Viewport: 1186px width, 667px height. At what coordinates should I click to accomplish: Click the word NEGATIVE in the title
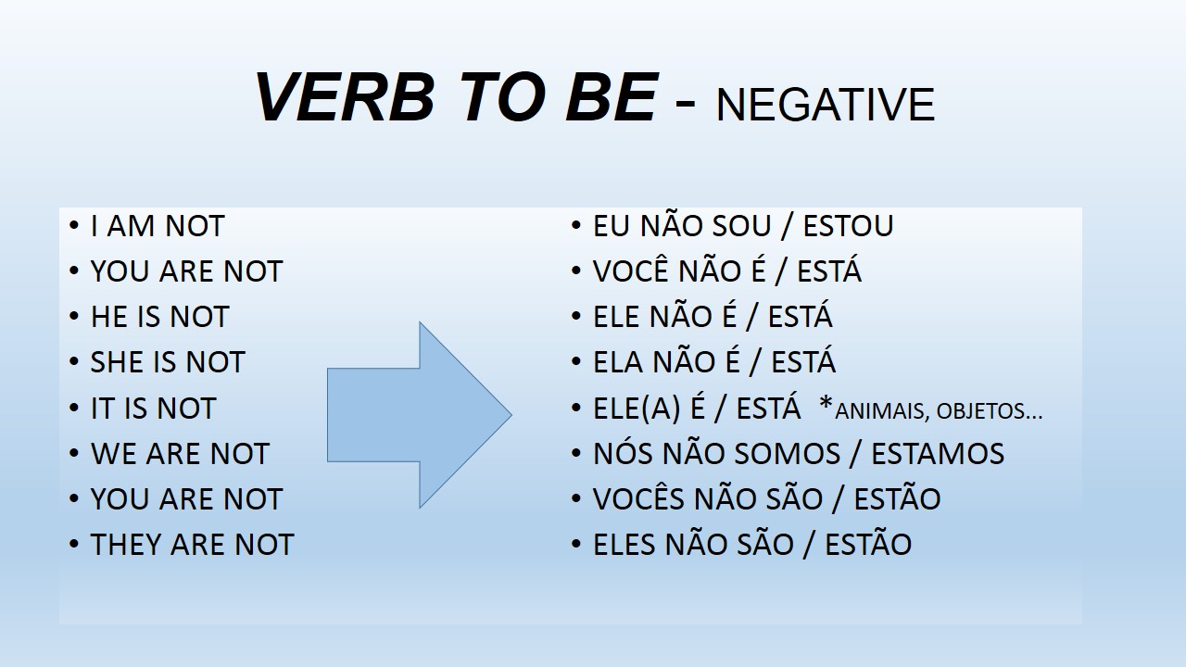825,105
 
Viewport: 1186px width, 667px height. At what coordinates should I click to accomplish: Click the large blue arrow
420,415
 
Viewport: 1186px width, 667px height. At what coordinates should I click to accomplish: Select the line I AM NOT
158,226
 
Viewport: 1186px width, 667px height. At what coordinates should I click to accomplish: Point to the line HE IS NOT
160,317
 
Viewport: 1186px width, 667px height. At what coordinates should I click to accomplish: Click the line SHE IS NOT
168,362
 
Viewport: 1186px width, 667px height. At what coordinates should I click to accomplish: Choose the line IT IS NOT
154,409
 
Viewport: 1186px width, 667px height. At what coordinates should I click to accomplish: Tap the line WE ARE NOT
180,454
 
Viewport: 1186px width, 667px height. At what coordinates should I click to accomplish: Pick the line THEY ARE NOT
192,545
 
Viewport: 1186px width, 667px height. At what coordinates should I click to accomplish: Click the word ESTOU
848,226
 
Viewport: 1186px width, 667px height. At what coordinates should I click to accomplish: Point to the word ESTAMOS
938,454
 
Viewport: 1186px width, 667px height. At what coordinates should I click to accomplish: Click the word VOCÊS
638,497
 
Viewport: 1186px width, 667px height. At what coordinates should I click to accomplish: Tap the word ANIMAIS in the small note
881,411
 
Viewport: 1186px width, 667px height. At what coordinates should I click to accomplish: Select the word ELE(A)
636,409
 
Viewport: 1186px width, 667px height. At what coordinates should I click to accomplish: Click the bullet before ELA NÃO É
576,361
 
